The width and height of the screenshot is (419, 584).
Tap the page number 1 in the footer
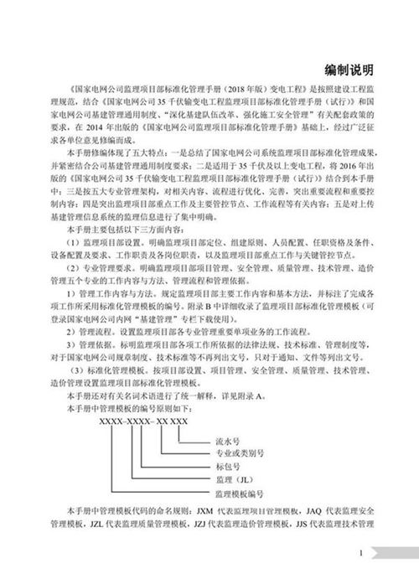coord(360,553)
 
